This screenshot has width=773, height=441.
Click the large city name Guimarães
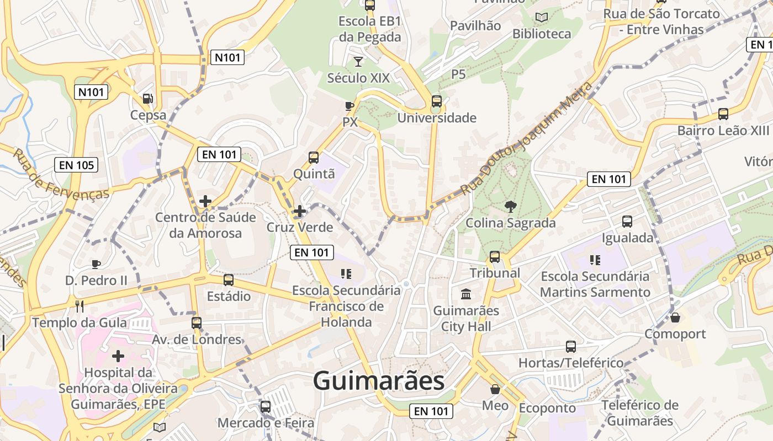click(x=378, y=381)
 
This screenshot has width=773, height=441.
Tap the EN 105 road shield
click(x=76, y=165)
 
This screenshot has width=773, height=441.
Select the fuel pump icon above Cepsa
click(x=147, y=99)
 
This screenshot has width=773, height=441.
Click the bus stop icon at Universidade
click(x=436, y=101)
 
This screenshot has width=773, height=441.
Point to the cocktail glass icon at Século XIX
click(x=358, y=61)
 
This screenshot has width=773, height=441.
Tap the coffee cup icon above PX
click(x=349, y=106)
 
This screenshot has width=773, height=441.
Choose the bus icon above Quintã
click(x=314, y=158)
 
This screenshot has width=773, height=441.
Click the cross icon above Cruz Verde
click(x=299, y=211)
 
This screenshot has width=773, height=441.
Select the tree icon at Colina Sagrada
click(x=510, y=207)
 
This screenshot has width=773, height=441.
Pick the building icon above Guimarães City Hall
click(x=465, y=294)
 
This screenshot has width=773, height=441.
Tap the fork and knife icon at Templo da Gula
click(x=80, y=306)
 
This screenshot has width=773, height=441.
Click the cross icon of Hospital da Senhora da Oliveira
click(x=118, y=356)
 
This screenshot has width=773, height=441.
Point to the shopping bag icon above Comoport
click(x=675, y=318)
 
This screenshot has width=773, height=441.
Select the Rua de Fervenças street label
click(x=61, y=175)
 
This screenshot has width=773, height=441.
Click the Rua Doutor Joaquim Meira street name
click(x=527, y=138)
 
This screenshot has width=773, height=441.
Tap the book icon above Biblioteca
click(x=542, y=18)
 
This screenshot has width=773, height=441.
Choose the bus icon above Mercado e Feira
click(x=266, y=407)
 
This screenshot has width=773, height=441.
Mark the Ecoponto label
click(x=547, y=408)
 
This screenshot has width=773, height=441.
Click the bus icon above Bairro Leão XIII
click(x=723, y=114)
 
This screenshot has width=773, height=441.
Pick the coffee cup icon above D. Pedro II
click(x=96, y=264)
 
